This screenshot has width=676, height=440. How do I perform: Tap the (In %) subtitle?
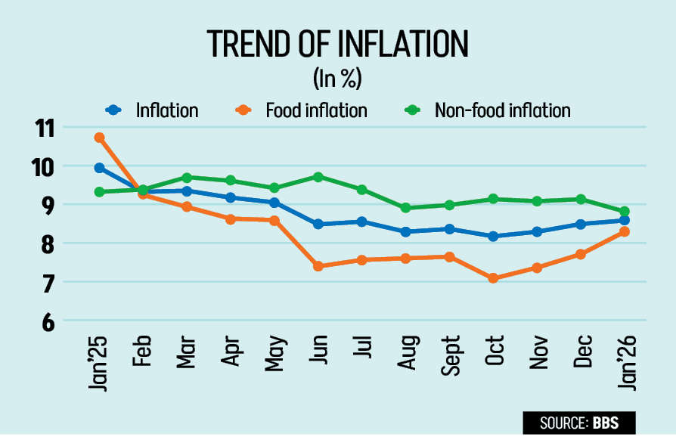pos(336,78)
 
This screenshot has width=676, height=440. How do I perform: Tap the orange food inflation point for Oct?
pos(494,278)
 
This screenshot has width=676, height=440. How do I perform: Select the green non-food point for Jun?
pos(318,177)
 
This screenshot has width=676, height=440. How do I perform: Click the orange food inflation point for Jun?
pos(318,266)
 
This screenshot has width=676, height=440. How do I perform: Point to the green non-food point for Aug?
pos(405,208)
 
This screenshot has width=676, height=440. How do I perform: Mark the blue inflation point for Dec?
pos(581,224)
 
